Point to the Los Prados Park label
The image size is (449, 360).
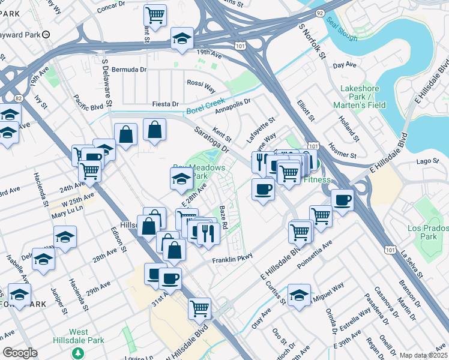(427, 232)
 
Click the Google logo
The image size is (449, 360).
(20, 353)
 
